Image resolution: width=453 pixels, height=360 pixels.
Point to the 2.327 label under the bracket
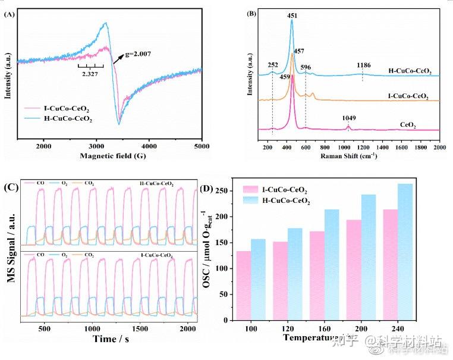[x=90, y=74]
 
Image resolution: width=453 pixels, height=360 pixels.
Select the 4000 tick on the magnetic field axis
[x=149, y=146]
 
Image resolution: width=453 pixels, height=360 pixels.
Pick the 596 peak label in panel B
[x=306, y=67]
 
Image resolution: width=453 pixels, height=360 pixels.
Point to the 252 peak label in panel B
[x=273, y=64]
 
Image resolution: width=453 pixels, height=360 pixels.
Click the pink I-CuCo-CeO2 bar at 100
[x=244, y=285]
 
